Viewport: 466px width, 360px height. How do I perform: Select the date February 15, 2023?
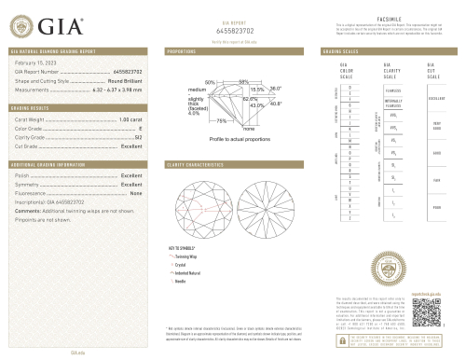coord(34,62)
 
